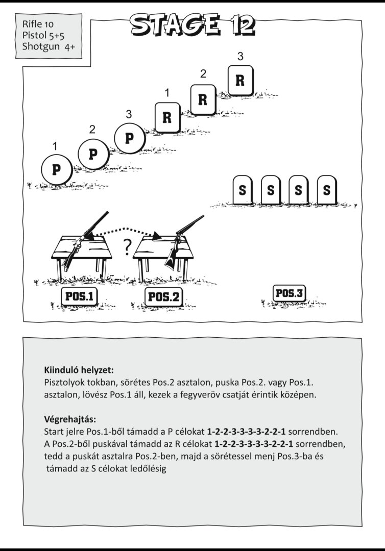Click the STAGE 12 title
tap(192, 24)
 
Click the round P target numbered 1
tap(56, 170)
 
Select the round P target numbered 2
tap(93, 154)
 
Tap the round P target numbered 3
tap(130, 138)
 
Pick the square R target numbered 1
tap(167, 117)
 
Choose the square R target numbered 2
tap(203, 100)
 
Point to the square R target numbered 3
tap(240, 81)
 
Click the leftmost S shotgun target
tap(243, 190)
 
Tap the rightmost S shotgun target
tap(327, 190)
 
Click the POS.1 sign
tap(80, 296)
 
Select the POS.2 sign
tap(164, 297)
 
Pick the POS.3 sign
tap(290, 293)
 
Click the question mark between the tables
tap(127, 247)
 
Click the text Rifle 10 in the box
tap(38, 24)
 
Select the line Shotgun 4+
tap(49, 46)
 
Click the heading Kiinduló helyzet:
tap(79, 370)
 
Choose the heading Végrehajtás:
tap(70, 419)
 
